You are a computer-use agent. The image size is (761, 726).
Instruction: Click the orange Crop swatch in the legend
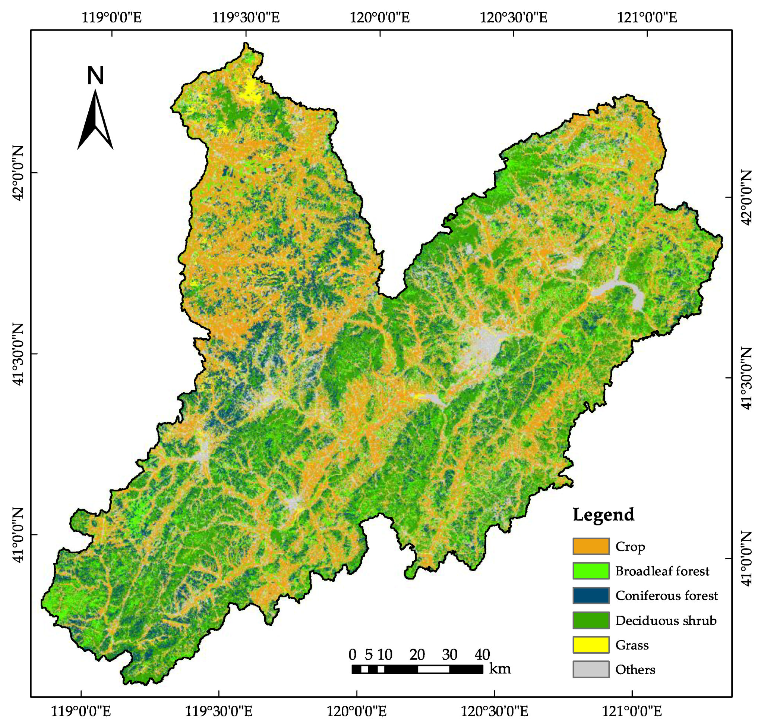coord(590,546)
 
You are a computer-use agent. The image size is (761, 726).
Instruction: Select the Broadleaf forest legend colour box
coord(590,571)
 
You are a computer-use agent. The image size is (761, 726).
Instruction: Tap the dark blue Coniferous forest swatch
coord(590,595)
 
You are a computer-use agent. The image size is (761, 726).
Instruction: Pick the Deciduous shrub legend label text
coord(666,620)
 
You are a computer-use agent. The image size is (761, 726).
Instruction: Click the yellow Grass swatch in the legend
coord(590,645)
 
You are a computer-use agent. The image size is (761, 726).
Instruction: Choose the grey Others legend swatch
coord(590,669)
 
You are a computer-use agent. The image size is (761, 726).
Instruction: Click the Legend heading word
coord(603,515)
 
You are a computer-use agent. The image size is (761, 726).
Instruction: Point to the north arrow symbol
coord(95,120)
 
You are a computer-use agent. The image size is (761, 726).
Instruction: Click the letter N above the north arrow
coord(95,76)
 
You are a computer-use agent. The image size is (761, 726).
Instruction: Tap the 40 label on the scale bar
coord(482,654)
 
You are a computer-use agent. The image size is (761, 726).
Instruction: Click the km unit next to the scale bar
coord(500,668)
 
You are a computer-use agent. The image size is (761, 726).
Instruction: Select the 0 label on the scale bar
coord(352,654)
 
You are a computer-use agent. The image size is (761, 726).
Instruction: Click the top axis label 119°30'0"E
coord(246,18)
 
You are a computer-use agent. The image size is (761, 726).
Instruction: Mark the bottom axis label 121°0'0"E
coord(632,710)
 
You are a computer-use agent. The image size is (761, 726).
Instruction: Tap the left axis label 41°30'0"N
coord(18,355)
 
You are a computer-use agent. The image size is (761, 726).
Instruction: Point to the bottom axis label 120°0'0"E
coord(357,710)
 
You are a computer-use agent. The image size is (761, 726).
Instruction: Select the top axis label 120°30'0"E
coord(514,18)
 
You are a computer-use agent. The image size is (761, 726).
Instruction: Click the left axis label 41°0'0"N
coord(18,535)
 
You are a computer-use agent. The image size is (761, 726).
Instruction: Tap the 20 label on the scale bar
coord(417,654)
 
